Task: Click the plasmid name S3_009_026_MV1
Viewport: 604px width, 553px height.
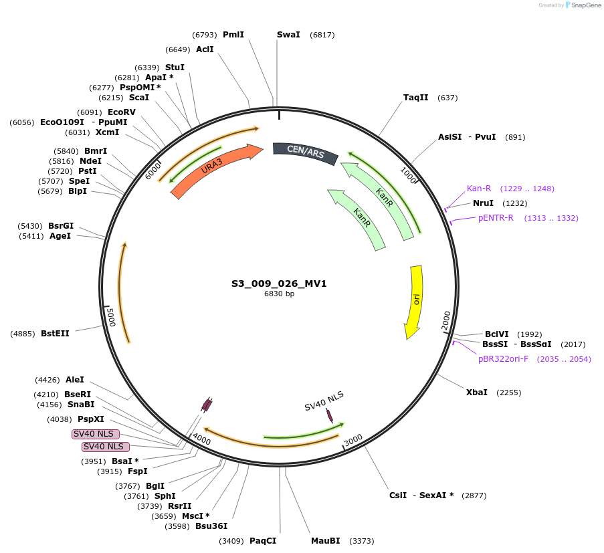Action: click(x=279, y=284)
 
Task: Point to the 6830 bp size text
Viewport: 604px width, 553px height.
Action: click(x=279, y=294)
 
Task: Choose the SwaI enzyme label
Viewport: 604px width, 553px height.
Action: click(x=288, y=35)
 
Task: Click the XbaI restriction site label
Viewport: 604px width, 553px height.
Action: click(x=477, y=393)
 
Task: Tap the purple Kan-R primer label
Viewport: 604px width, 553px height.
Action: click(x=479, y=189)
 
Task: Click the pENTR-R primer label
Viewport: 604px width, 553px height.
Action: click(x=496, y=218)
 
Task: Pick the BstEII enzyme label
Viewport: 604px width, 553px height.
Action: click(x=55, y=333)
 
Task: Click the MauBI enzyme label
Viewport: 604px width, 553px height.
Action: click(x=326, y=540)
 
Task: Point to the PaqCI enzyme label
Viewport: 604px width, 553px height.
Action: click(x=263, y=540)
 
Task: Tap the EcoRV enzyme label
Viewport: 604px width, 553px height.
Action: click(x=122, y=112)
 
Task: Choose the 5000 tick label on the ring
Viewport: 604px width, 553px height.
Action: click(x=112, y=317)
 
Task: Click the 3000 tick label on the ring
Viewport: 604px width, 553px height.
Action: click(x=353, y=439)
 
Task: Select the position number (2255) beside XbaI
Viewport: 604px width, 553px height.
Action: click(x=508, y=393)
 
